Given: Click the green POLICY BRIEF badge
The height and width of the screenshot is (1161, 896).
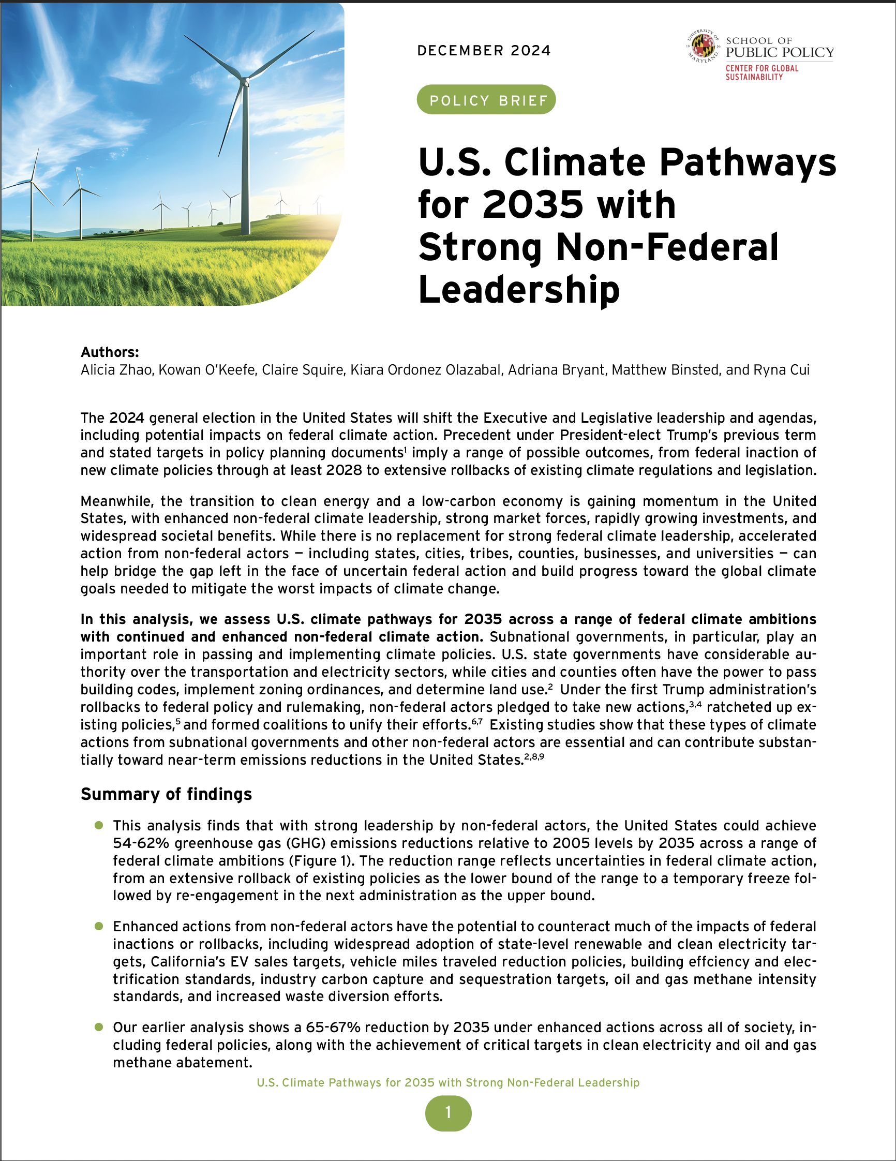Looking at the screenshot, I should [486, 100].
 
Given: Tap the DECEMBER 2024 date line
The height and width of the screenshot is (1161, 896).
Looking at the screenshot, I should [484, 51].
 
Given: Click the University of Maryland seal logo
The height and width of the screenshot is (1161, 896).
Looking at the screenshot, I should [703, 47].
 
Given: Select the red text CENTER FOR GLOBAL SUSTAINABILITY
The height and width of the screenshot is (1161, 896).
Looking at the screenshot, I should [761, 72].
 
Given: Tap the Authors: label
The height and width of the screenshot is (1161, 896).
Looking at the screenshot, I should [110, 352].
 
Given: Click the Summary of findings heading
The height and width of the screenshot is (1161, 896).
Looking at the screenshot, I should [166, 794].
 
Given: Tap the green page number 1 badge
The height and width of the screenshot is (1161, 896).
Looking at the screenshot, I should [448, 1112].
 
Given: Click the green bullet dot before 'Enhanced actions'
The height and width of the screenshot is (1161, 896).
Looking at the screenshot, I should [98, 926].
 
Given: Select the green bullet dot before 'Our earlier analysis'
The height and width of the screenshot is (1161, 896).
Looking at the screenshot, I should [98, 1027].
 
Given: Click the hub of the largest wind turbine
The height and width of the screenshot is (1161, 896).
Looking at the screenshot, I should [245, 81].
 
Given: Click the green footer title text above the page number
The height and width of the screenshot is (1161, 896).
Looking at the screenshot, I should [448, 1083].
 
